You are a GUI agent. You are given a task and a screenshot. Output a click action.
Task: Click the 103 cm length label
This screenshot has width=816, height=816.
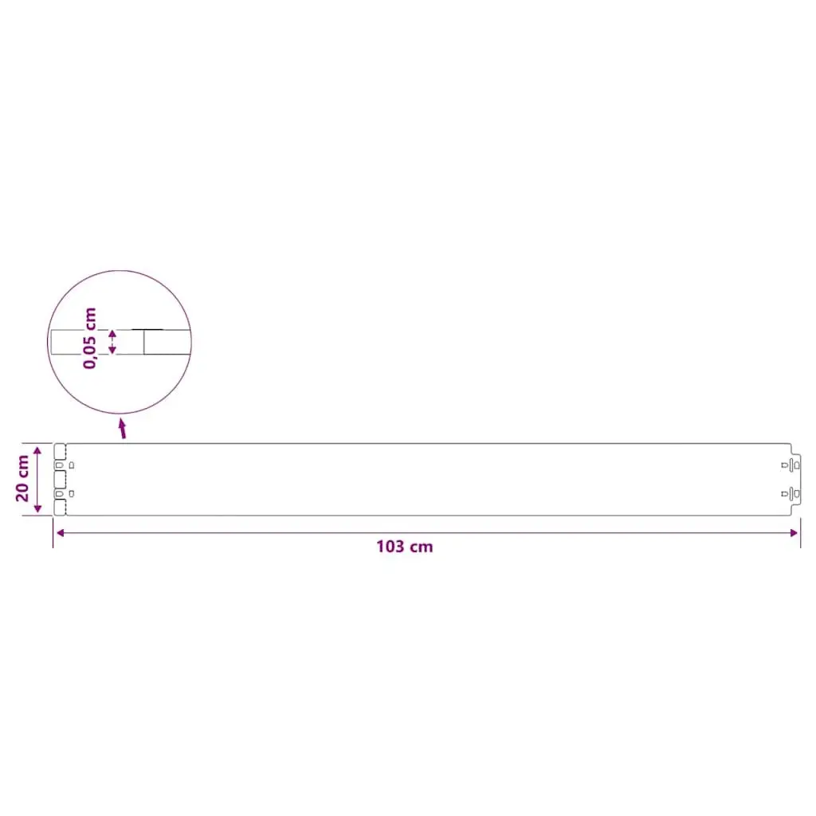[404, 547]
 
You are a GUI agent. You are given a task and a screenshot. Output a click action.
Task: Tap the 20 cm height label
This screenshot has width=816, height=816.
[22, 478]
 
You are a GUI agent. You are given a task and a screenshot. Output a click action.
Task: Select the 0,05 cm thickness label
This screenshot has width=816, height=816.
[89, 338]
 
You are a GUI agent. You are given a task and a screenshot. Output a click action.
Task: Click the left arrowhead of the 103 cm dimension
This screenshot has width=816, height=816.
[61, 532]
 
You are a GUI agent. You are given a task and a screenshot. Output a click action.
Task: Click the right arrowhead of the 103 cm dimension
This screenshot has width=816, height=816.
[794, 532]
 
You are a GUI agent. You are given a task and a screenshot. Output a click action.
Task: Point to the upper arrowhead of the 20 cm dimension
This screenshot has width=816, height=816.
[37, 450]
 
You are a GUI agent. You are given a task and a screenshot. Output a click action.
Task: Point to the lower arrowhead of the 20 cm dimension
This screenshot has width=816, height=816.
[37, 508]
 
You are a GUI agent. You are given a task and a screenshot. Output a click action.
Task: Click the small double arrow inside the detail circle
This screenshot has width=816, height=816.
[112, 342]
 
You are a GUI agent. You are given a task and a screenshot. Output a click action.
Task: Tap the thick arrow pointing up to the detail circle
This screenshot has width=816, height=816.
[122, 428]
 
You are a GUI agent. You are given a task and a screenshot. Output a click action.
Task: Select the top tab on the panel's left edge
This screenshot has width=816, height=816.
[60, 451]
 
